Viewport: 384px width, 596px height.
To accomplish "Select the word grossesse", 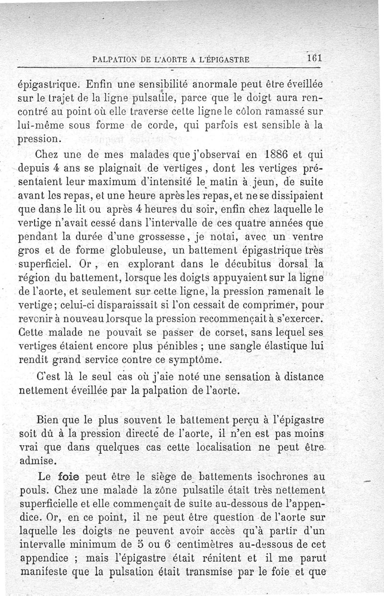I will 163,237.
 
